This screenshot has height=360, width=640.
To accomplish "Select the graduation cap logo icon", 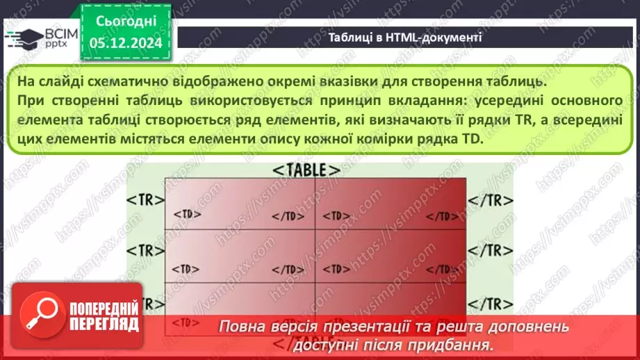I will pyautogui.click(x=21, y=37).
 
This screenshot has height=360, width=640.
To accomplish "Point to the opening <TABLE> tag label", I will pyautogui.click(x=306, y=170).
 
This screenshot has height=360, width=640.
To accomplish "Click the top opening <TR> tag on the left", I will pyautogui.click(x=145, y=199).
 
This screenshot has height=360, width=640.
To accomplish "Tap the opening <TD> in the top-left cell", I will pyautogui.click(x=183, y=215).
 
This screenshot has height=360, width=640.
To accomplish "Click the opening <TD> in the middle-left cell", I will pyautogui.click(x=183, y=268).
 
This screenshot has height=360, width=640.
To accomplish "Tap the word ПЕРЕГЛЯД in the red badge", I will pyautogui.click(x=104, y=324).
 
